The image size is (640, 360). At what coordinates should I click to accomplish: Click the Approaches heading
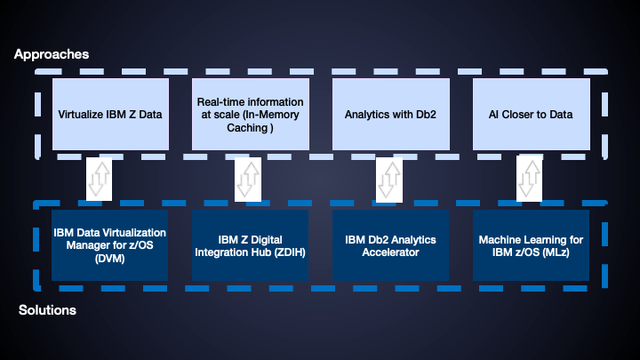[x=51, y=54]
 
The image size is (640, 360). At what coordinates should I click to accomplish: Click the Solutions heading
[x=47, y=310]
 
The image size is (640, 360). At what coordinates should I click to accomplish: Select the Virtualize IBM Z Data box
[x=109, y=114]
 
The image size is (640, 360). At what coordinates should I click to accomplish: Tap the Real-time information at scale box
[x=250, y=114]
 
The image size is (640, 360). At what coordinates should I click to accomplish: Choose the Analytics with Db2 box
[x=390, y=114]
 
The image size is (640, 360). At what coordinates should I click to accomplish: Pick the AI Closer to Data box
[x=531, y=114]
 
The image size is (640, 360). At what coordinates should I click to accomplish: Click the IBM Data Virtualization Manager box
[x=109, y=245]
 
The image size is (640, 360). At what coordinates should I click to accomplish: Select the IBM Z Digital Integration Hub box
[x=250, y=245]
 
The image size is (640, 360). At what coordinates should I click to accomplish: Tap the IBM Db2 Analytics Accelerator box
[x=390, y=245]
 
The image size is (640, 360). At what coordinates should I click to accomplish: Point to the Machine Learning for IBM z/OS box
[x=531, y=245]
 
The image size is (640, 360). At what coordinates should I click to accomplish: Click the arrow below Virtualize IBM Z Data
[x=98, y=178]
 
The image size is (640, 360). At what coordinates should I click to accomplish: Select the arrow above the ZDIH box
[x=246, y=178]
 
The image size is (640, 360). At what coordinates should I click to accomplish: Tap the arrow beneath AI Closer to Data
[x=529, y=178]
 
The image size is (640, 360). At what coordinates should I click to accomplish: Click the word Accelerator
[x=390, y=252]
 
